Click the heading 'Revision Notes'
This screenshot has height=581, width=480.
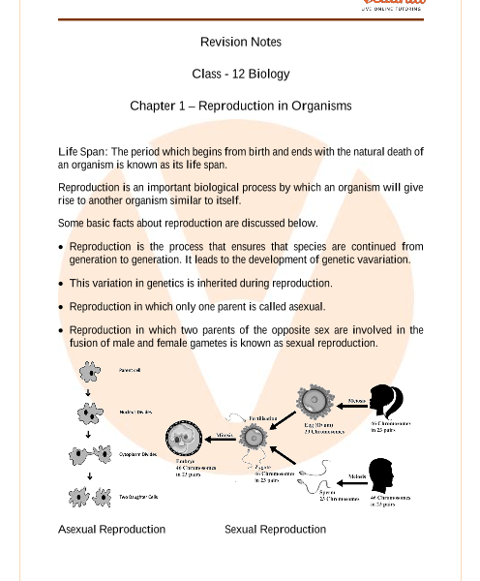pyautogui.click(x=240, y=42)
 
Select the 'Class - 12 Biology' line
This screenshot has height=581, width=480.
pyautogui.click(x=240, y=74)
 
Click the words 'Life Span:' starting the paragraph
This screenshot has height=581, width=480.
pyautogui.click(x=82, y=152)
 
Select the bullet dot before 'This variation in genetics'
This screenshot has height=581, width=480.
pyautogui.click(x=61, y=284)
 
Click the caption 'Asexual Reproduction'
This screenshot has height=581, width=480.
pyautogui.click(x=111, y=530)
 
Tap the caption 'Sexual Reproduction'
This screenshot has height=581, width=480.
pyautogui.click(x=275, y=530)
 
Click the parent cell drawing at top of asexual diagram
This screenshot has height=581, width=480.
pyautogui.click(x=90, y=372)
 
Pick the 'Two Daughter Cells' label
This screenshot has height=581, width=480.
pyautogui.click(x=138, y=497)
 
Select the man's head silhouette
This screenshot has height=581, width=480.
pyautogui.click(x=381, y=475)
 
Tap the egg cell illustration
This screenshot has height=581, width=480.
pyautogui.click(x=315, y=401)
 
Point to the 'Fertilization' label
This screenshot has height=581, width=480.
pyautogui.click(x=263, y=418)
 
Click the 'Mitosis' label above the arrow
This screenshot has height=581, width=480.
pyautogui.click(x=225, y=436)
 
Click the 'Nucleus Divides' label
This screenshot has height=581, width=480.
pyautogui.click(x=135, y=413)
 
